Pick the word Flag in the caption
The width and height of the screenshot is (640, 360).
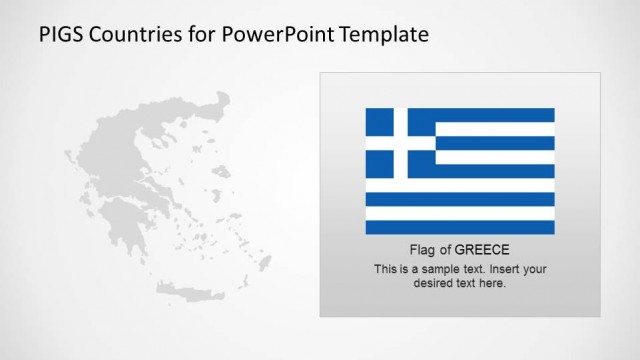[x=423, y=250]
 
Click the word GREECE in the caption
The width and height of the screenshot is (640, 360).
[x=482, y=250]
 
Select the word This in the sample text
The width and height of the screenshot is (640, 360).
[x=385, y=269]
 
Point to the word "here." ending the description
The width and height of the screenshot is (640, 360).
[x=493, y=283]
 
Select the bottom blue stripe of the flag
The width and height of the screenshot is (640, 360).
[x=460, y=227]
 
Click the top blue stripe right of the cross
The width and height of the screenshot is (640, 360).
[x=495, y=115]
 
